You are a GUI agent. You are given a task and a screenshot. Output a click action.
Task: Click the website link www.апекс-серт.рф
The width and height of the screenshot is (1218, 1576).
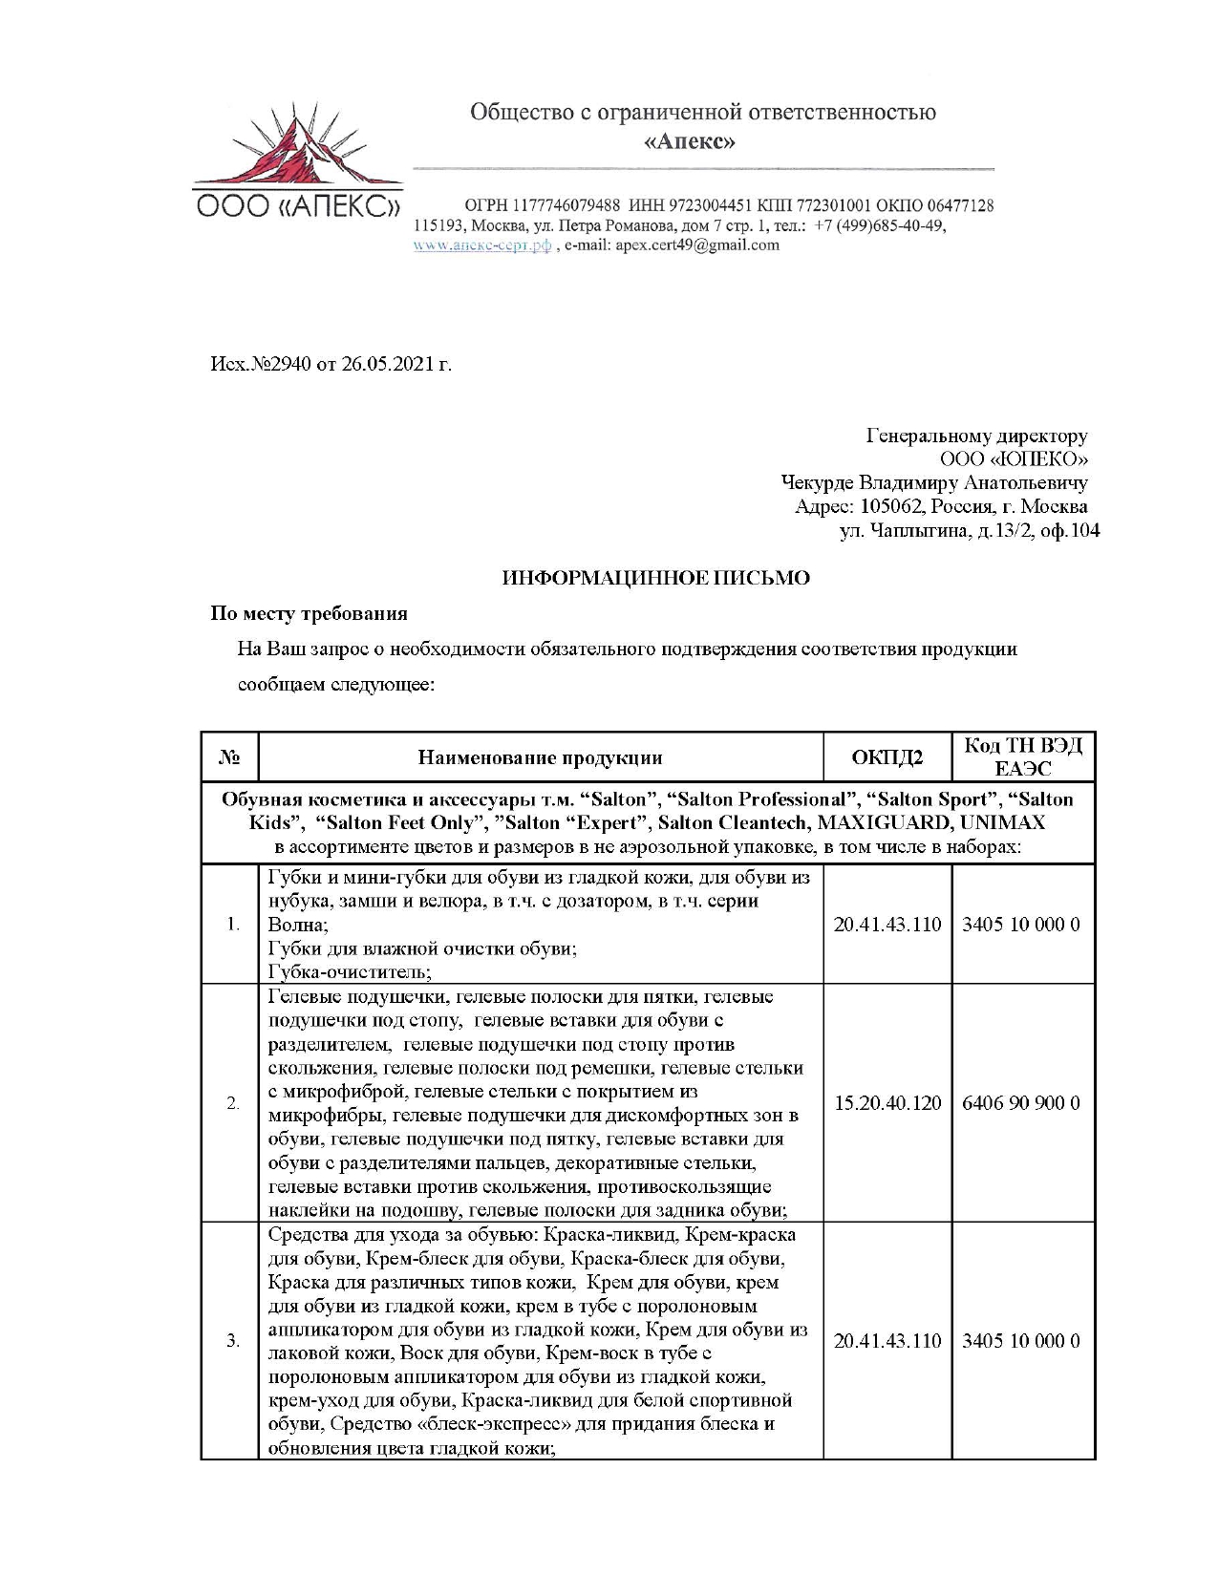click(482, 245)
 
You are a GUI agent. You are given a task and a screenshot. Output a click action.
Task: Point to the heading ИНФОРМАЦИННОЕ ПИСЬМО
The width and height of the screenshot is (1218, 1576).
click(655, 578)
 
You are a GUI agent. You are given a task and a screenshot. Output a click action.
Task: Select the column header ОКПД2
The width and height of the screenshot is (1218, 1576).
click(887, 758)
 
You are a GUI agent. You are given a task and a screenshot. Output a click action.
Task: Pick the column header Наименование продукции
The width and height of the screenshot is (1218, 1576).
click(540, 758)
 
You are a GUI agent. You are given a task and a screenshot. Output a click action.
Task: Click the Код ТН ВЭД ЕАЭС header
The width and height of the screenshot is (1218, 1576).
click(1022, 757)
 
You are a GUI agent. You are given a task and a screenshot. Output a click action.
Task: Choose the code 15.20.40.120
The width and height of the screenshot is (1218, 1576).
click(887, 1103)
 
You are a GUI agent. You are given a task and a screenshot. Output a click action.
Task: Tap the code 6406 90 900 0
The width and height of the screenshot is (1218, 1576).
click(1021, 1103)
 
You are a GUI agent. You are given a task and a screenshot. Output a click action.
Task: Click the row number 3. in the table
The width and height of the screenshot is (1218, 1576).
click(232, 1341)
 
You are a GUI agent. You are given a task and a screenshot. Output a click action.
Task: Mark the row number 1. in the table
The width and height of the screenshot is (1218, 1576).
click(232, 925)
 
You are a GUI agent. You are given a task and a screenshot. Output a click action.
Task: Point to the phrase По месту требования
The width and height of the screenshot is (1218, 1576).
click(309, 613)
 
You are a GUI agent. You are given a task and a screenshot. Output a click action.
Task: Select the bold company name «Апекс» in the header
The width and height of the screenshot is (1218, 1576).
click(690, 142)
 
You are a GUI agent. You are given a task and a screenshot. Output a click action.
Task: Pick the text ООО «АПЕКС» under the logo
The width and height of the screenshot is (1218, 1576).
click(298, 206)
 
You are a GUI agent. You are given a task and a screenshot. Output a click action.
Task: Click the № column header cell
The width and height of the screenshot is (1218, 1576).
click(229, 758)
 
